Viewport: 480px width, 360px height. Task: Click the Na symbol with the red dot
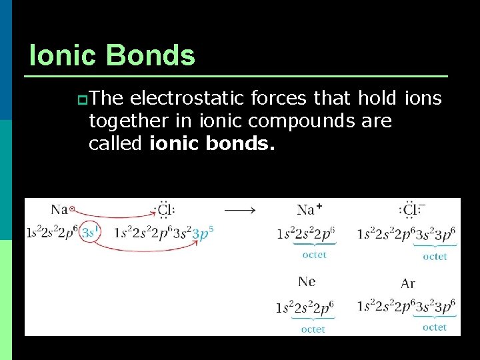(x=63, y=210)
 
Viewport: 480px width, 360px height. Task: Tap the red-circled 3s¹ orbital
(x=89, y=233)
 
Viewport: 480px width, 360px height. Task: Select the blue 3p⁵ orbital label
(x=202, y=233)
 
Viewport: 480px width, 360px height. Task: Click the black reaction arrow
(x=239, y=210)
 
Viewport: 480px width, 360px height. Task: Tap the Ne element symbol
(x=307, y=281)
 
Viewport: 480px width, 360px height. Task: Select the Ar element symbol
(x=408, y=283)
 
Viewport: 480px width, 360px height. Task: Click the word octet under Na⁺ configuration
(x=314, y=255)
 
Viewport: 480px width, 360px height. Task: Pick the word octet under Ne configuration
(x=313, y=329)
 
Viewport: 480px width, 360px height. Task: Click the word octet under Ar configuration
(x=435, y=327)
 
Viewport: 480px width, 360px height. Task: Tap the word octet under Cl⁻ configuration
(x=435, y=257)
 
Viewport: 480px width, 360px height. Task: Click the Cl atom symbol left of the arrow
(x=163, y=210)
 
